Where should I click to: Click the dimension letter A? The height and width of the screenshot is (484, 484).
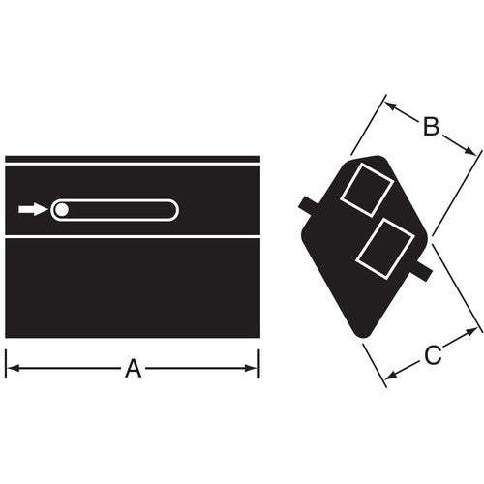pyautogui.click(x=134, y=369)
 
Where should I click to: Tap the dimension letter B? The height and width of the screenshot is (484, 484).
pyautogui.click(x=431, y=127)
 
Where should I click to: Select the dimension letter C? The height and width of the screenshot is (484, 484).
pyautogui.click(x=433, y=355)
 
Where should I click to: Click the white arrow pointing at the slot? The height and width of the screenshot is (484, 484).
pyautogui.click(x=33, y=209)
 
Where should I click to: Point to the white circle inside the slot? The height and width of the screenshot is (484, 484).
pyautogui.click(x=61, y=210)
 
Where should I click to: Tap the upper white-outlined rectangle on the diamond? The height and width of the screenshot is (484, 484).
pyautogui.click(x=367, y=190)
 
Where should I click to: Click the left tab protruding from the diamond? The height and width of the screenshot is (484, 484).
pyautogui.click(x=309, y=207)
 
